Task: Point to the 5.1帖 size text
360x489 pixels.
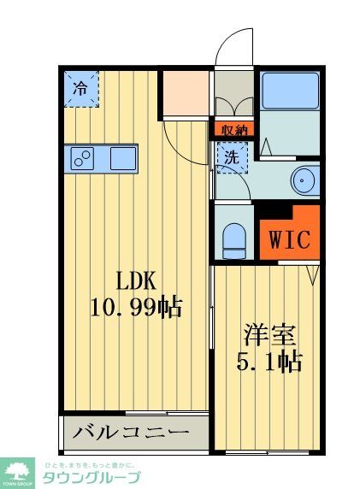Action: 269,360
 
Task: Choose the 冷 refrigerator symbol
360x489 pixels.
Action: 80,87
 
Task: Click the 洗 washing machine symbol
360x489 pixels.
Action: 231,157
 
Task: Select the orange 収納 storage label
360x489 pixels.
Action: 233,131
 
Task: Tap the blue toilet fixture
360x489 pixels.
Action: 233,239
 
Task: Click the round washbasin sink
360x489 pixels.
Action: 304,180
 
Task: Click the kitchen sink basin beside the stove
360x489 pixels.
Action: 122,158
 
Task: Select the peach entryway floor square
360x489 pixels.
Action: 186,94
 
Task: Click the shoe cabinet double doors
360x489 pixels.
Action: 234,107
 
